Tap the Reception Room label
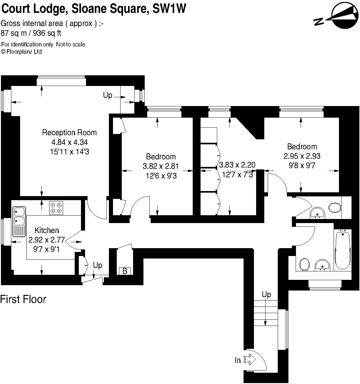(69, 132)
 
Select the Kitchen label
(47, 230)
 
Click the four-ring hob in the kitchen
(56, 208)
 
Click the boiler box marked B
(125, 271)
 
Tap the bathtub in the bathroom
(343, 250)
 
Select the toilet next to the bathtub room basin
(304, 264)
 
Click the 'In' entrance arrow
(250, 359)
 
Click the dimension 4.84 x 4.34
(69, 142)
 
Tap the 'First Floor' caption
(23, 299)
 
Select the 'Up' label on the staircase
(266, 294)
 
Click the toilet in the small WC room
(335, 207)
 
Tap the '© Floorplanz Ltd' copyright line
(22, 52)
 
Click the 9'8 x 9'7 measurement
(302, 165)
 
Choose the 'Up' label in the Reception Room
(108, 95)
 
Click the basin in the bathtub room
(322, 265)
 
